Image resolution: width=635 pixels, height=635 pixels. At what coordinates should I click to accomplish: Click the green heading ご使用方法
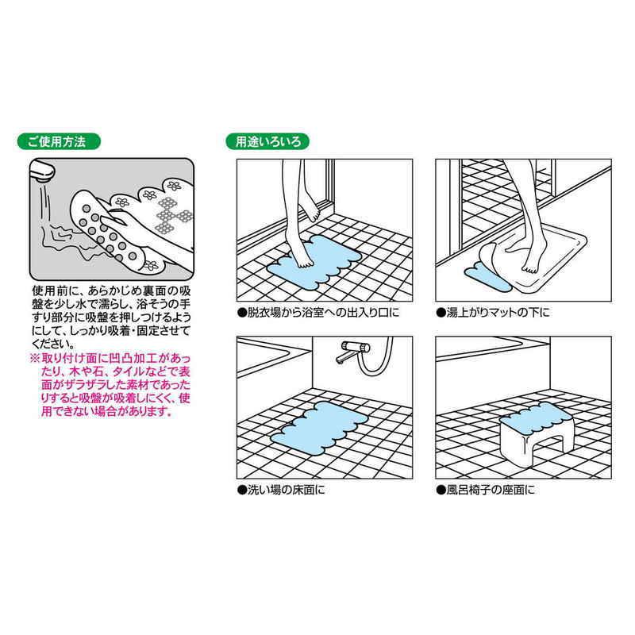click(x=58, y=141)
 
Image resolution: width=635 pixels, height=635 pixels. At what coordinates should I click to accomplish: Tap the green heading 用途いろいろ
click(x=267, y=141)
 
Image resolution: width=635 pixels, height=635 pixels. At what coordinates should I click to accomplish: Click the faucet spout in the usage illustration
click(x=43, y=171)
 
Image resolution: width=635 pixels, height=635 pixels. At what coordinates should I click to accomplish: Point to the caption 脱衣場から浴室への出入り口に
click(x=318, y=313)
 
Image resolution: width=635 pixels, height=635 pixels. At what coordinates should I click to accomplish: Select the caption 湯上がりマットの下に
click(x=493, y=313)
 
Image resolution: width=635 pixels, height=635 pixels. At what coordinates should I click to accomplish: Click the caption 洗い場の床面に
click(x=282, y=490)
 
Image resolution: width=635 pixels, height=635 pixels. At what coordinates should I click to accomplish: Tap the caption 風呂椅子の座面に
click(x=486, y=490)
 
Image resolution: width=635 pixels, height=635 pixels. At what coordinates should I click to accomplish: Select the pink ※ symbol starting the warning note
click(x=35, y=359)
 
